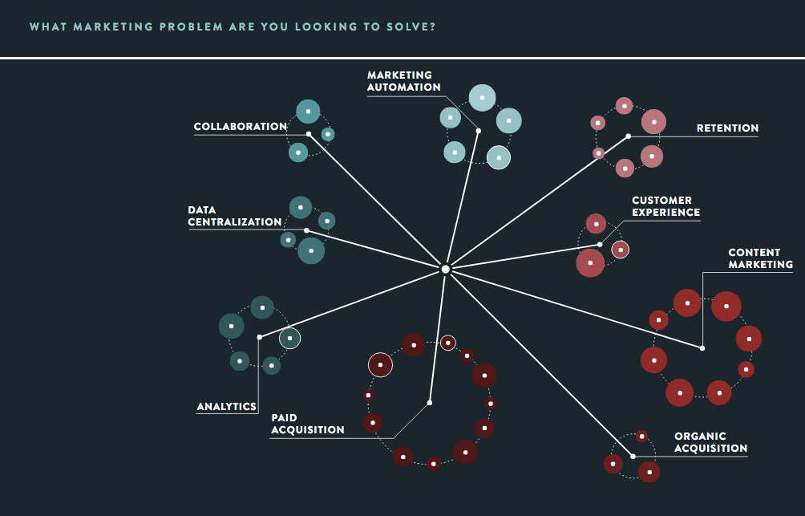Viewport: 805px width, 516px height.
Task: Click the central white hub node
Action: coord(446,269)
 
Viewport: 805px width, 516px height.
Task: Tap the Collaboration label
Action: coord(240,127)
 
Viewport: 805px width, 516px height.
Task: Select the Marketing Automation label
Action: coord(404,81)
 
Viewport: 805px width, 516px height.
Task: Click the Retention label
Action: coord(727,128)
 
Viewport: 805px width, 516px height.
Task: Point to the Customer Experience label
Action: coord(665,206)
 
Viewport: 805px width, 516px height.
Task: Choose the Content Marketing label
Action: coord(760,258)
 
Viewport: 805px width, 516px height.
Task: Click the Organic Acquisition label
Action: coord(710,442)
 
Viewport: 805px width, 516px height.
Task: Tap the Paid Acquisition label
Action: coord(307,424)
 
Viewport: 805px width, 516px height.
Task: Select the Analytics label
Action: coord(227,407)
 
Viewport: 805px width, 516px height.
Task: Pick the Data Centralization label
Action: coord(234,216)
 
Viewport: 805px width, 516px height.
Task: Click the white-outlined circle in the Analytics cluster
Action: coord(289,339)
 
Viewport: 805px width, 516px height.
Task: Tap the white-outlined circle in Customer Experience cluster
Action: coord(621,250)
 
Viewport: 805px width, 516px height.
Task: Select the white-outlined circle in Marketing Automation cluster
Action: coord(499,157)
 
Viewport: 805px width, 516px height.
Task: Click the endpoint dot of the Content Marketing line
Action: coord(702,348)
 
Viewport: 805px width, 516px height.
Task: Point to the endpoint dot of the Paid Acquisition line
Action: coord(430,402)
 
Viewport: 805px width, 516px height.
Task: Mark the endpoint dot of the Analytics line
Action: coord(259,337)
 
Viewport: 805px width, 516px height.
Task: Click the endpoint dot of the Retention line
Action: coord(629,136)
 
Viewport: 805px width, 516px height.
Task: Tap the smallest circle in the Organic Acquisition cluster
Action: coord(641,437)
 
